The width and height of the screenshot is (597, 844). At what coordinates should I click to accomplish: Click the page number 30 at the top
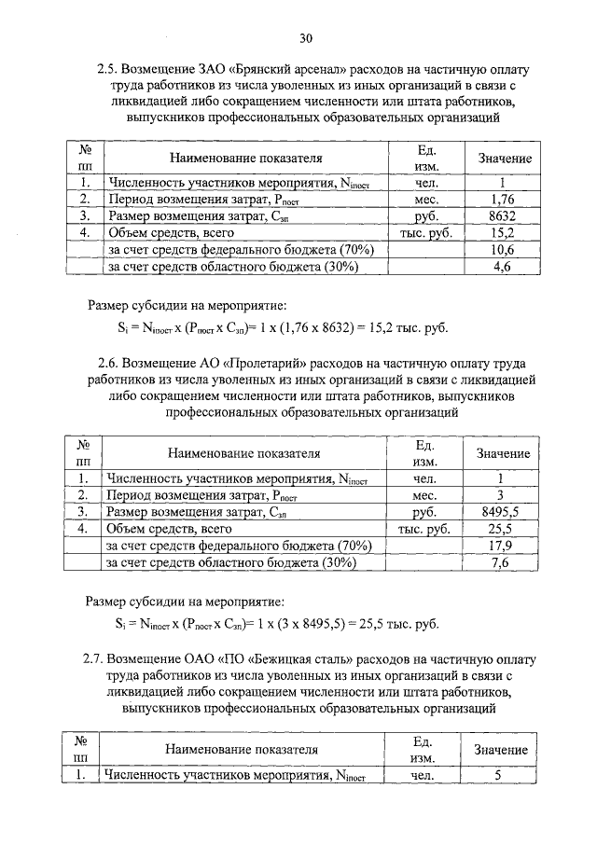[306, 38]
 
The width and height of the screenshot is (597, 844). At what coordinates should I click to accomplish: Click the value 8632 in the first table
[502, 215]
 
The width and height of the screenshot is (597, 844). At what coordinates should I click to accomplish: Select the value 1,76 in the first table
[502, 199]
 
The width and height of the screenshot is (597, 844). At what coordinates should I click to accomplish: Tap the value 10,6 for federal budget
[502, 250]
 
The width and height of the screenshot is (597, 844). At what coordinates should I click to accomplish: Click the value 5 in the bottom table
[498, 774]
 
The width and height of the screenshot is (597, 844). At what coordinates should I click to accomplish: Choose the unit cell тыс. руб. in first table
[425, 232]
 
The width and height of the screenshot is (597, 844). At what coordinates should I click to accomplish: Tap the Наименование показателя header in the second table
[244, 453]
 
